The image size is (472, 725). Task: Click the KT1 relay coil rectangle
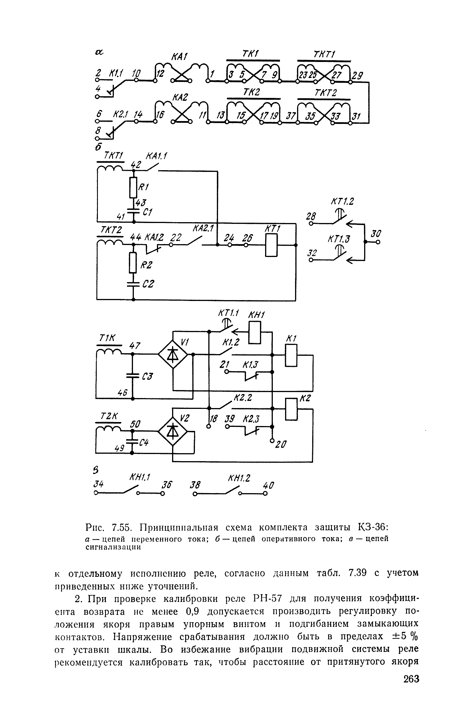point(271,245)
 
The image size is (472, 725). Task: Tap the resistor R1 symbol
point(133,187)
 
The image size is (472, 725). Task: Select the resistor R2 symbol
point(133,262)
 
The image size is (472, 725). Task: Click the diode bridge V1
point(173,354)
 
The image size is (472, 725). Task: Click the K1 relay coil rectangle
point(291,355)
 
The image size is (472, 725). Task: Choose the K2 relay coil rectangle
point(291,409)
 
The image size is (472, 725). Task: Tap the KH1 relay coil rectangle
point(255,333)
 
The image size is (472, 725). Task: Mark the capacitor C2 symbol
point(133,284)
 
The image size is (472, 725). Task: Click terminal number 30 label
point(376,234)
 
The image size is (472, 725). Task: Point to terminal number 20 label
point(281,445)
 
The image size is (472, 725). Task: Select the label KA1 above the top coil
point(179,57)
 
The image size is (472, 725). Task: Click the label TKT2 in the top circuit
point(325,93)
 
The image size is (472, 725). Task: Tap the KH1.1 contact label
point(140,478)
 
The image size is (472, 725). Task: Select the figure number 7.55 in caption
point(122,527)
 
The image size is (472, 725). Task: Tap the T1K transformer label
point(108,338)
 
